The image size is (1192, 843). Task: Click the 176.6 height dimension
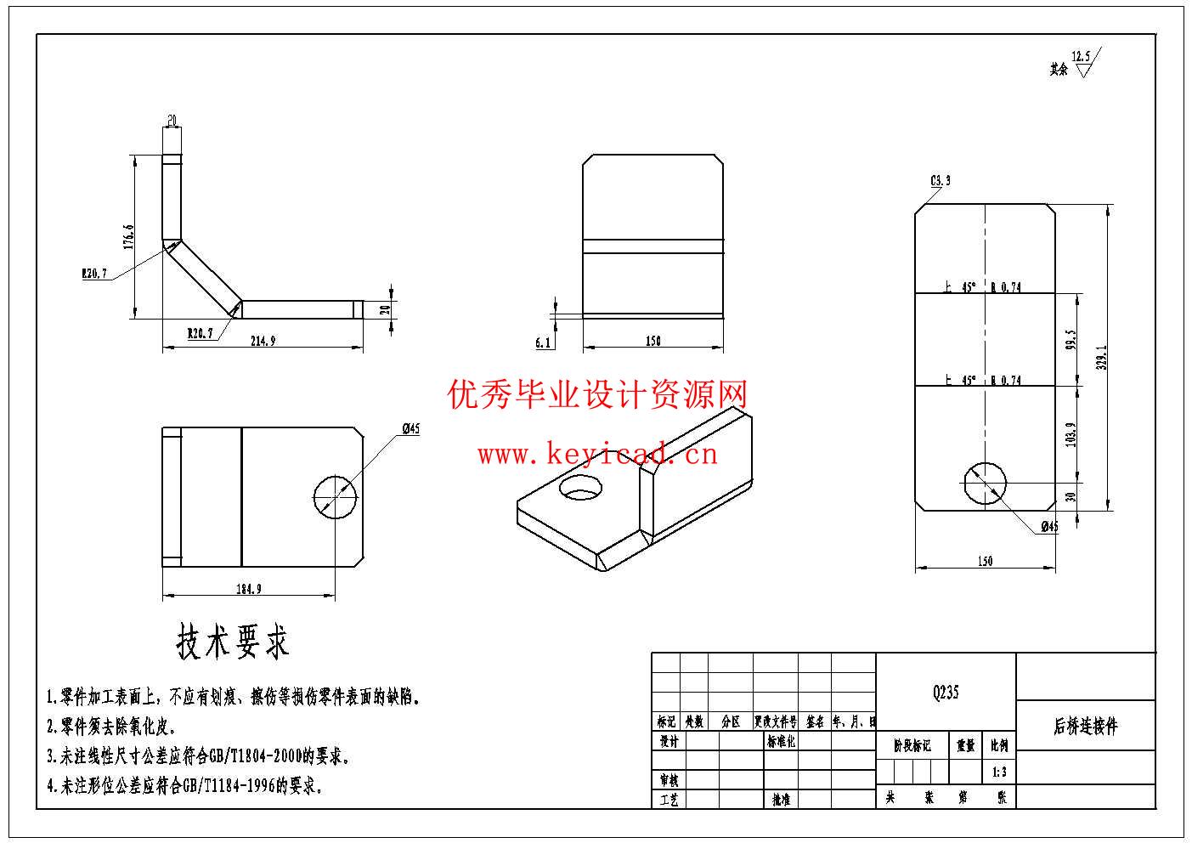point(128,237)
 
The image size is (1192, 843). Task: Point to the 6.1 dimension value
point(543,342)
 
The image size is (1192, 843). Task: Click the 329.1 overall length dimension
point(1102,357)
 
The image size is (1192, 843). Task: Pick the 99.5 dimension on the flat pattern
point(1071,340)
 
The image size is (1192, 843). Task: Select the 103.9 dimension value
point(1071,433)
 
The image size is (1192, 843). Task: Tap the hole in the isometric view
point(580,488)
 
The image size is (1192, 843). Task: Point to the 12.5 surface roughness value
point(1081,57)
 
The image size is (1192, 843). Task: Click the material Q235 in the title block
point(945,692)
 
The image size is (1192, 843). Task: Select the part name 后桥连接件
point(1086,726)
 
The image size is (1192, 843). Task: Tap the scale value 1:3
point(999,772)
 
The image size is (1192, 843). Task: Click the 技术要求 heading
point(232,642)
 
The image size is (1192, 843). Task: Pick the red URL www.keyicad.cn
point(597,455)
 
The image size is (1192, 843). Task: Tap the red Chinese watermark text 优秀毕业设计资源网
point(597,394)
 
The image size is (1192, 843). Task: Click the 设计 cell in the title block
point(669,741)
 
